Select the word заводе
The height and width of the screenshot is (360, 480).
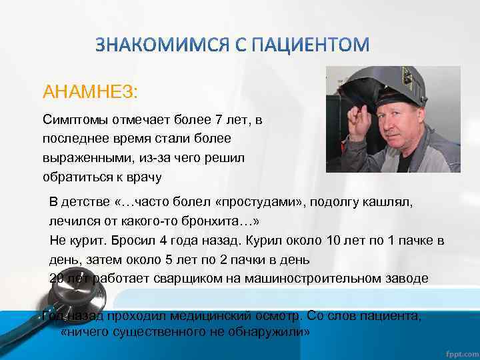tap(405, 278)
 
